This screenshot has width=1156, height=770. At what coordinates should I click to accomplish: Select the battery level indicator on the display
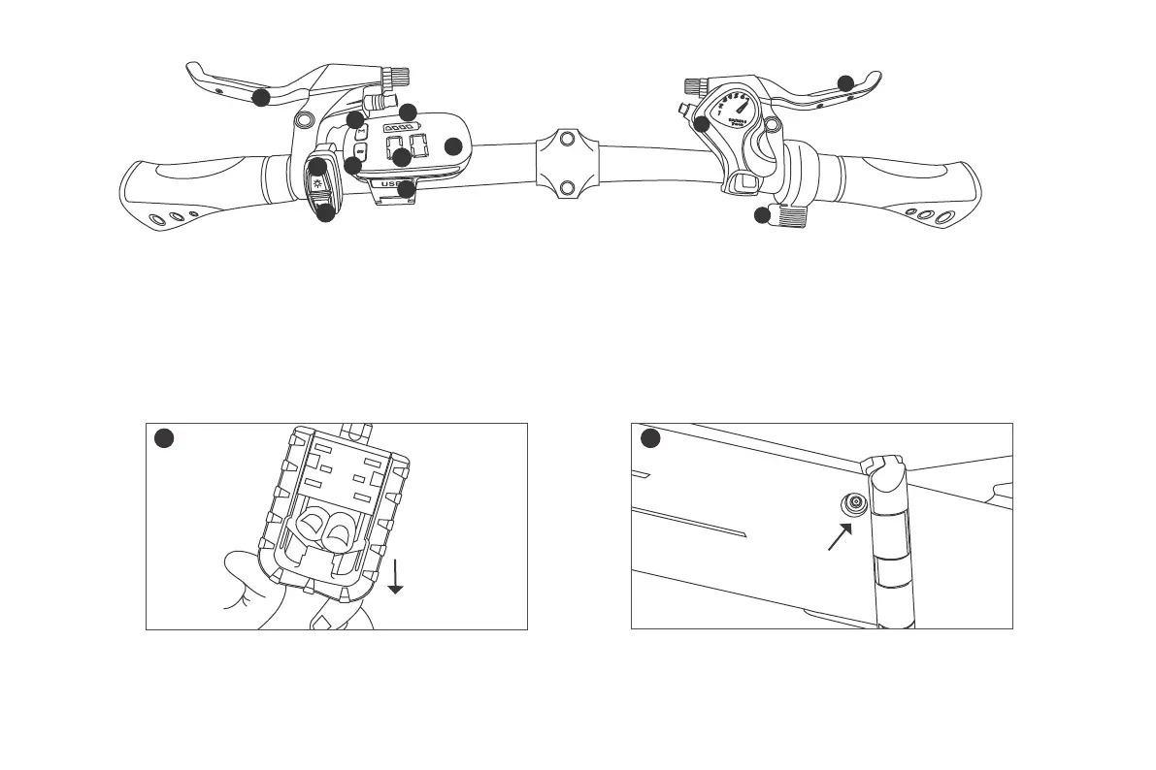[x=399, y=128]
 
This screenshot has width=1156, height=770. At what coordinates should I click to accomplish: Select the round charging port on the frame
[x=854, y=502]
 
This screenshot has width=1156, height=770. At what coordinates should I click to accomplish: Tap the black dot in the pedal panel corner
[x=164, y=439]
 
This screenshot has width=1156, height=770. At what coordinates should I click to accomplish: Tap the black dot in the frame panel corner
[x=649, y=439]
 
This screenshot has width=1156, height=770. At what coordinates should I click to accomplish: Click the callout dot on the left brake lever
[x=260, y=97]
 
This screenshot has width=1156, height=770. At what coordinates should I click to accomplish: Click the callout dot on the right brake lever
[x=846, y=82]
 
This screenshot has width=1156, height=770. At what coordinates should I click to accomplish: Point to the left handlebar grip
[x=194, y=189]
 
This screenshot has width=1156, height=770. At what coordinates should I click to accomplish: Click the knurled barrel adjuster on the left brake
[x=396, y=77]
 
